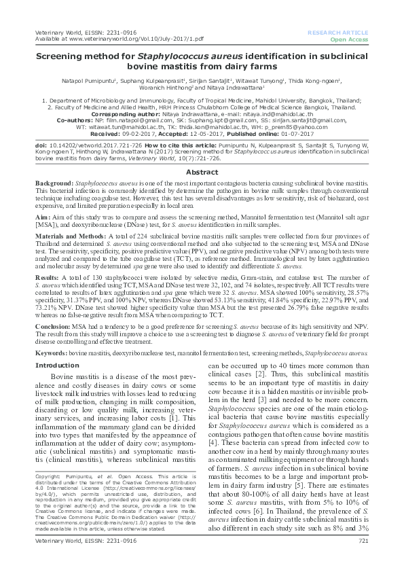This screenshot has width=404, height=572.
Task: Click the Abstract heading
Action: point(202,173)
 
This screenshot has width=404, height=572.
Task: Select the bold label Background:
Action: point(54,185)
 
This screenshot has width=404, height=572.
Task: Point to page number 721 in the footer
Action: point(363,559)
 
